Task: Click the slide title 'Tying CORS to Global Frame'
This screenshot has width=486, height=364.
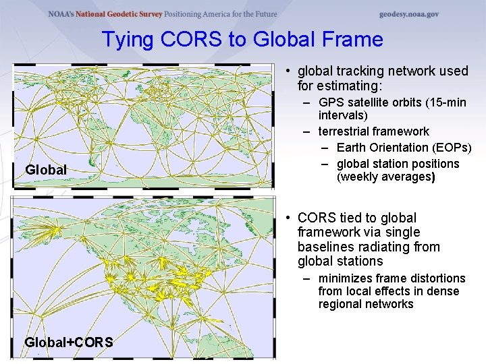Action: coord(242,40)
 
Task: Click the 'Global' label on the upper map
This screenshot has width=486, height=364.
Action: coord(46,170)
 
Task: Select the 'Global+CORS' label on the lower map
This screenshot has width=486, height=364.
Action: coord(69,342)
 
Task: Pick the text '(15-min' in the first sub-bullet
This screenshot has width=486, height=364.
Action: coord(443,103)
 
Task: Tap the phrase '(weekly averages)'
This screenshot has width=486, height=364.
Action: coord(385,177)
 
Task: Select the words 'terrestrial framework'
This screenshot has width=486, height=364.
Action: coord(373,131)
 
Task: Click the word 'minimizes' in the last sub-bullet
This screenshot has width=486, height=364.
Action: coord(344,278)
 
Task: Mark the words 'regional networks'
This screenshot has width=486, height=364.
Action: coord(366,304)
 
